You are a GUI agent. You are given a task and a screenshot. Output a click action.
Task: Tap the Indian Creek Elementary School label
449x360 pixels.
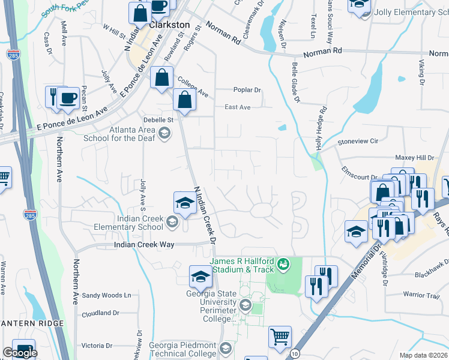pyautogui.click(x=128, y=223)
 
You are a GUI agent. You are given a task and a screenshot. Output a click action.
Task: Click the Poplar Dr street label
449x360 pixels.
pyautogui.click(x=247, y=91)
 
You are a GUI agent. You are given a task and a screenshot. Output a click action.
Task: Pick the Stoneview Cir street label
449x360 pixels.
pyautogui.click(x=358, y=142)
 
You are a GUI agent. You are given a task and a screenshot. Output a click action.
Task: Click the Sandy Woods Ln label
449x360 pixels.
pyautogui.click(x=106, y=295)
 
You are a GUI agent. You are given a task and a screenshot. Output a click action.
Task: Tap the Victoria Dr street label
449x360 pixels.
pyautogui.click(x=97, y=346)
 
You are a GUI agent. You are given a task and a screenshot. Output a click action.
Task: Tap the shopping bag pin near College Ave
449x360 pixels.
pyautogui.click(x=162, y=77)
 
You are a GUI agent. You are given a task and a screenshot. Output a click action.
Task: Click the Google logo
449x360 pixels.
pyautogui.click(x=20, y=353)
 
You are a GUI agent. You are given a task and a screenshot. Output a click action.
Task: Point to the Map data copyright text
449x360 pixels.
pyautogui.click(x=424, y=355)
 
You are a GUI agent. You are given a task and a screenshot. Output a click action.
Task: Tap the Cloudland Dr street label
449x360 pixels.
pyautogui.click(x=101, y=313)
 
